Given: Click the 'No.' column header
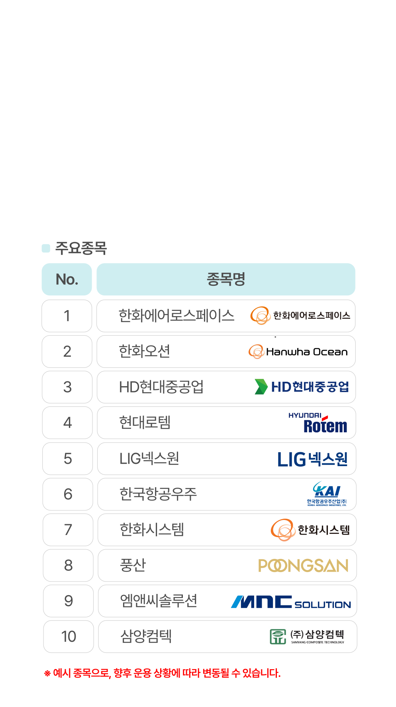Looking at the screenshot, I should pyautogui.click(x=67, y=279).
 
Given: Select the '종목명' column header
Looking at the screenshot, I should pyautogui.click(x=226, y=279).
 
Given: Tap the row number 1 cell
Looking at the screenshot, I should pyautogui.click(x=67, y=316).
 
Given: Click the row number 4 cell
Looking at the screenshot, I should pyautogui.click(x=67, y=422).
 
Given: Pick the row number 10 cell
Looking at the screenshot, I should pyautogui.click(x=69, y=636).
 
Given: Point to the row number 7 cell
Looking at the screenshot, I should pyautogui.click(x=68, y=529).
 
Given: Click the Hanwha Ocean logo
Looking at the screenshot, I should pyautogui.click(x=298, y=352).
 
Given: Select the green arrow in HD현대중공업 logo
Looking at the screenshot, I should pyautogui.click(x=261, y=387).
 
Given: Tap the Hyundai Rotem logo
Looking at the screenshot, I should pyautogui.click(x=318, y=422).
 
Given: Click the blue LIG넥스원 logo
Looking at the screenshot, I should pyautogui.click(x=312, y=459).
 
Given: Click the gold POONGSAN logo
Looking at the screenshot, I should pyautogui.click(x=303, y=565).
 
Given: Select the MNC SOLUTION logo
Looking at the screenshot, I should pyautogui.click(x=290, y=602).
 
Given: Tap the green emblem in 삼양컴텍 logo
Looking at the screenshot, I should pyautogui.click(x=278, y=636).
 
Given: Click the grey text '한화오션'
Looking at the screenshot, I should pyautogui.click(x=145, y=352).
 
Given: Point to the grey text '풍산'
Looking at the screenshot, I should pyautogui.click(x=133, y=565).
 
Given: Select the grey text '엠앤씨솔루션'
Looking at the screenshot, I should pyautogui.click(x=159, y=601).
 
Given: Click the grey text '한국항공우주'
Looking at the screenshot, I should pyautogui.click(x=158, y=494).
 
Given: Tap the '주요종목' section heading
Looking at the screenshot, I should pyautogui.click(x=81, y=248).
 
